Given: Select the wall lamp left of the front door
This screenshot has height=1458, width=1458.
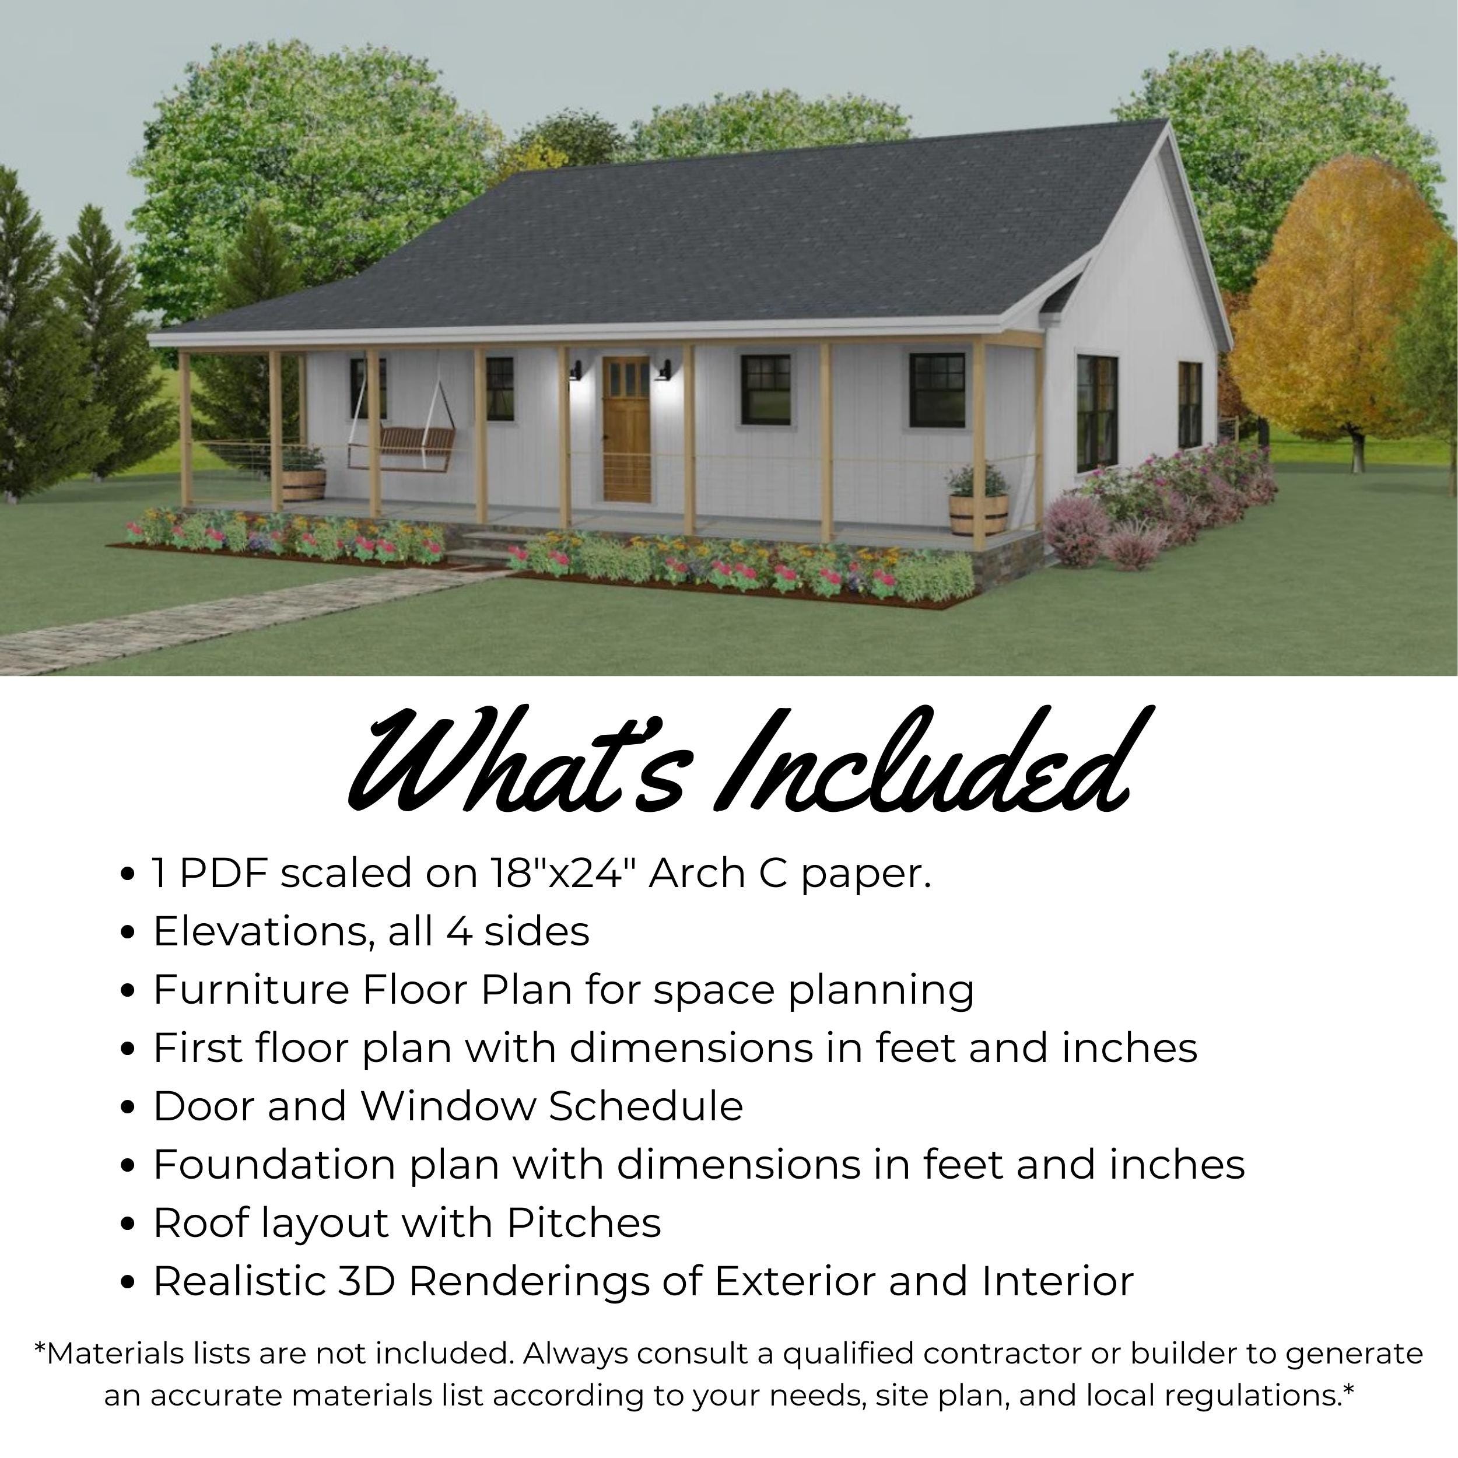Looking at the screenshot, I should tap(576, 370).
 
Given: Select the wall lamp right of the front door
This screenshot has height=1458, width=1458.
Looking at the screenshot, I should tap(664, 370).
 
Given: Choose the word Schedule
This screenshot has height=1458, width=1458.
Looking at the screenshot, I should tap(645, 1106).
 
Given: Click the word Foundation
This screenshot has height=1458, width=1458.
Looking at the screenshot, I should tap(274, 1165).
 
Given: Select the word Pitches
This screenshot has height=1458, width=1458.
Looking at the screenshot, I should tap(583, 1222).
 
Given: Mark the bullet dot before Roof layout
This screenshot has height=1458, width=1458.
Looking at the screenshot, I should tap(128, 1224).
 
